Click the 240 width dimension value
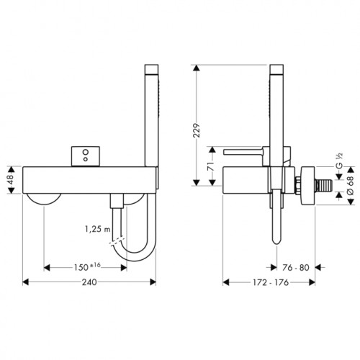pyautogui.click(x=89, y=282)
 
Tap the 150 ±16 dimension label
pyautogui.click(x=87, y=267)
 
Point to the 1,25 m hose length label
pyautogui.click(x=97, y=229)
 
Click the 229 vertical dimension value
pyautogui.click(x=197, y=130)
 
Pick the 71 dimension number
pyautogui.click(x=210, y=166)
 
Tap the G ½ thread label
pyautogui.click(x=339, y=161)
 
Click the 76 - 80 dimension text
pyautogui.click(x=296, y=268)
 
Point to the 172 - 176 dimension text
pyautogui.click(x=271, y=282)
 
